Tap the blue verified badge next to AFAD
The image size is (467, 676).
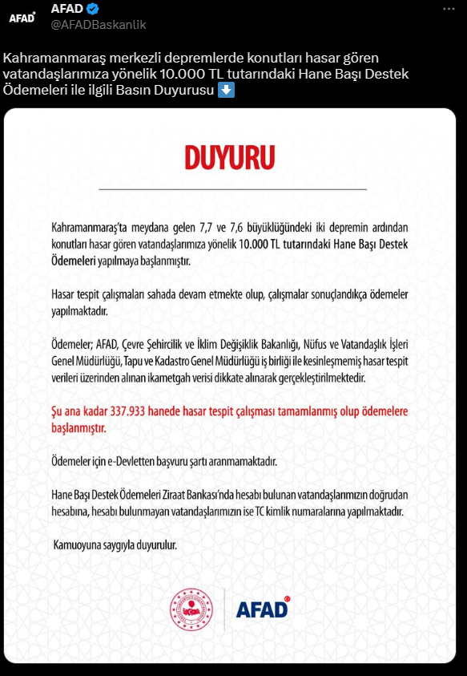click(94, 10)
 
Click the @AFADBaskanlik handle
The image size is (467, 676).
click(99, 25)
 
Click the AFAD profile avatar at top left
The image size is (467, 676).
click(22, 17)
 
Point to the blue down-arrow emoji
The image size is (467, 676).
click(227, 91)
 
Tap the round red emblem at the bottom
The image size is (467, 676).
click(191, 609)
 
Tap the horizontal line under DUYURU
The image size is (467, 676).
click(232, 189)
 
